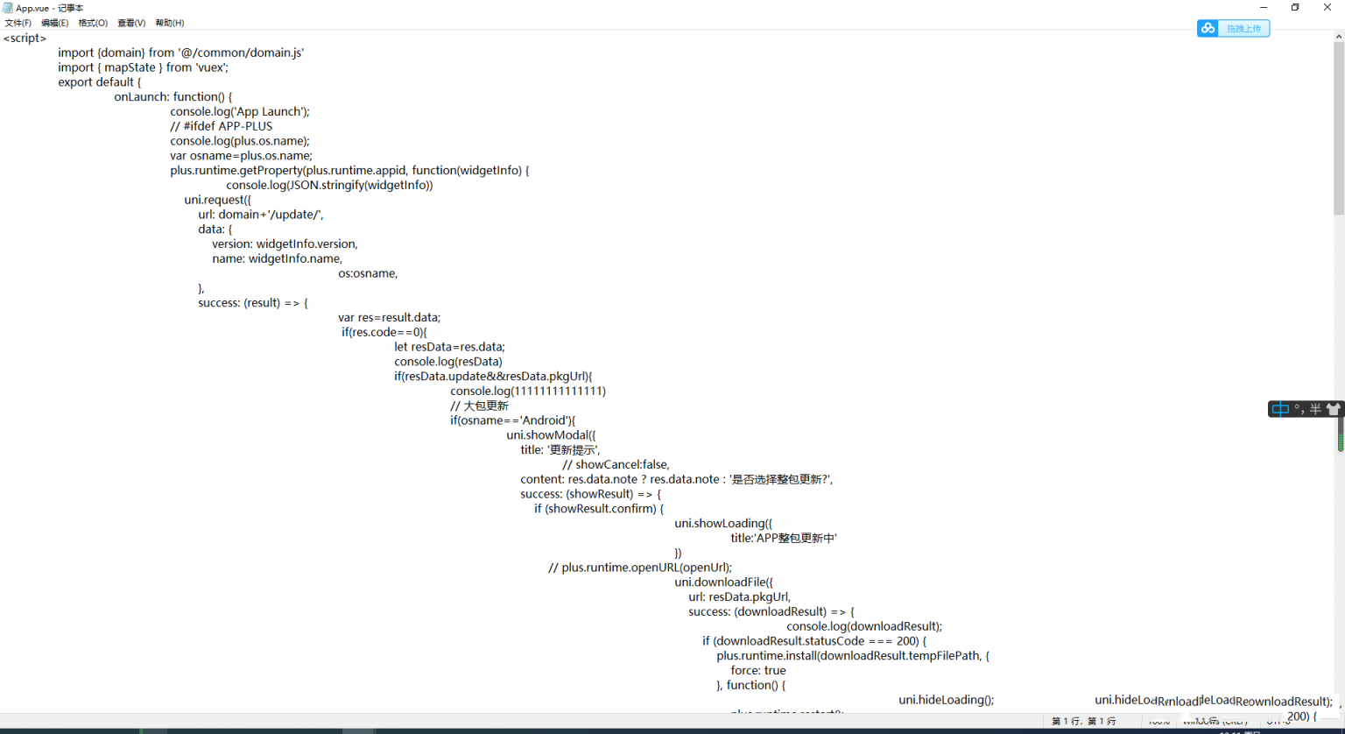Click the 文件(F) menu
coord(18,23)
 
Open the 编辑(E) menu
coord(54,23)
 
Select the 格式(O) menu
coord(93,23)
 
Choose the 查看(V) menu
coord(131,23)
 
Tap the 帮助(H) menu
coord(169,23)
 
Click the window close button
coord(1327,7)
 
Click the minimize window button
coord(1264,7)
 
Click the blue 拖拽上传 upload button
coord(1233,29)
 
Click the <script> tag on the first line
coord(25,39)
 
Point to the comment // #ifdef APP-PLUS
coord(222,126)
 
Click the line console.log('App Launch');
coord(240,111)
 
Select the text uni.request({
coord(217,200)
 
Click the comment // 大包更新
coord(479,406)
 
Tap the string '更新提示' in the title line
coord(573,450)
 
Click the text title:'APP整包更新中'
coord(784,539)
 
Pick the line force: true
coord(758,671)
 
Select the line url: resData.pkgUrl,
coord(740,597)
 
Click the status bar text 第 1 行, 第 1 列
coord(1083,722)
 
